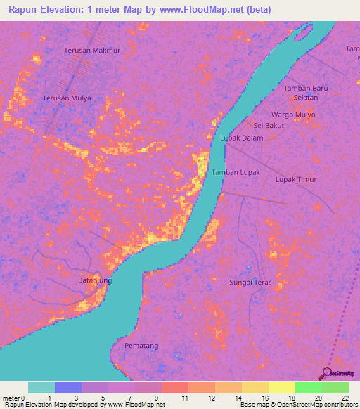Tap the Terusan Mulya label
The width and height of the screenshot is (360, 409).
click(x=67, y=98)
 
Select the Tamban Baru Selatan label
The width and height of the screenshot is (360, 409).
click(x=306, y=92)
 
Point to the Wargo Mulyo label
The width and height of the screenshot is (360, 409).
click(x=292, y=114)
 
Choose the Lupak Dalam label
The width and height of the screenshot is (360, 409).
click(x=242, y=138)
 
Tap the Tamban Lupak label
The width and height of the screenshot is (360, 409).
click(x=236, y=172)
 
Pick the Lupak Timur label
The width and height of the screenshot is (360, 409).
click(x=295, y=179)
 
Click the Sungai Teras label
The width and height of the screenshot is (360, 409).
click(x=251, y=283)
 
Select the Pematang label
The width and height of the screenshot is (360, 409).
click(x=141, y=346)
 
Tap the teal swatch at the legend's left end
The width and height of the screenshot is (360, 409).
click(x=41, y=387)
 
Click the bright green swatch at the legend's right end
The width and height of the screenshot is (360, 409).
click(x=335, y=387)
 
